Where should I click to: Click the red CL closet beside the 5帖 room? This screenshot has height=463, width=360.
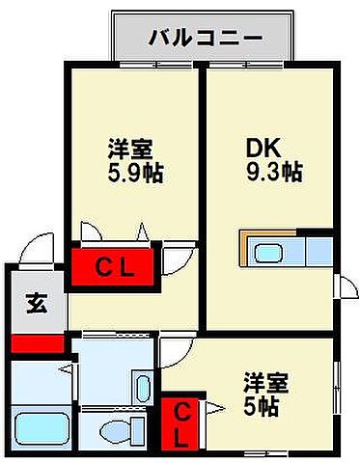[x=181, y=423]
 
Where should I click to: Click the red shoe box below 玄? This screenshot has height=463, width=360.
[x=36, y=342]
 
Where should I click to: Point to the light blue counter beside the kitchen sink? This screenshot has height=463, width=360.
[x=318, y=253]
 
